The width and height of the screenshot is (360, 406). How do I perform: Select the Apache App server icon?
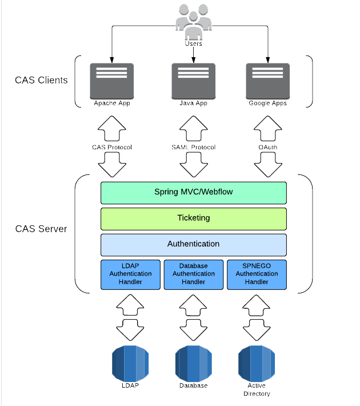coord(112,81)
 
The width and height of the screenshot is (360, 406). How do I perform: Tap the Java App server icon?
coord(194,81)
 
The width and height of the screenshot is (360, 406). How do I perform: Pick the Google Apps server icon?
coord(267,81)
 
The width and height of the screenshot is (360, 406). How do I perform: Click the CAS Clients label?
coord(41,80)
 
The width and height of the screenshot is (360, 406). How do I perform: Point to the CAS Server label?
coord(41,229)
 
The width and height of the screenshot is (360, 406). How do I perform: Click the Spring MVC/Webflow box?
coord(194,192)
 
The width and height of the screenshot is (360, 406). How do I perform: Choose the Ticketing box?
coord(194,218)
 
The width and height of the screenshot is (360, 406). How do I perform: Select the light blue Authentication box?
coord(194,244)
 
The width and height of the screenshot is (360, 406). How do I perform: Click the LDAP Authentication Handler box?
coord(131,274)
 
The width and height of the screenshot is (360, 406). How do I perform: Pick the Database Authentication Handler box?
coord(194,274)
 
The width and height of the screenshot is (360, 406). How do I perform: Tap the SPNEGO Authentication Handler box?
coord(257,274)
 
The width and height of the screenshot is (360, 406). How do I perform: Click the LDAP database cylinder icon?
coord(131,363)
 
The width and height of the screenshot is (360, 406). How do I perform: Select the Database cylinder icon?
coord(194,363)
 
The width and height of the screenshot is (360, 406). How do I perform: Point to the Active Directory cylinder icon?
coord(257,364)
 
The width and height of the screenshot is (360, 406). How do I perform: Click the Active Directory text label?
coord(257,389)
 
